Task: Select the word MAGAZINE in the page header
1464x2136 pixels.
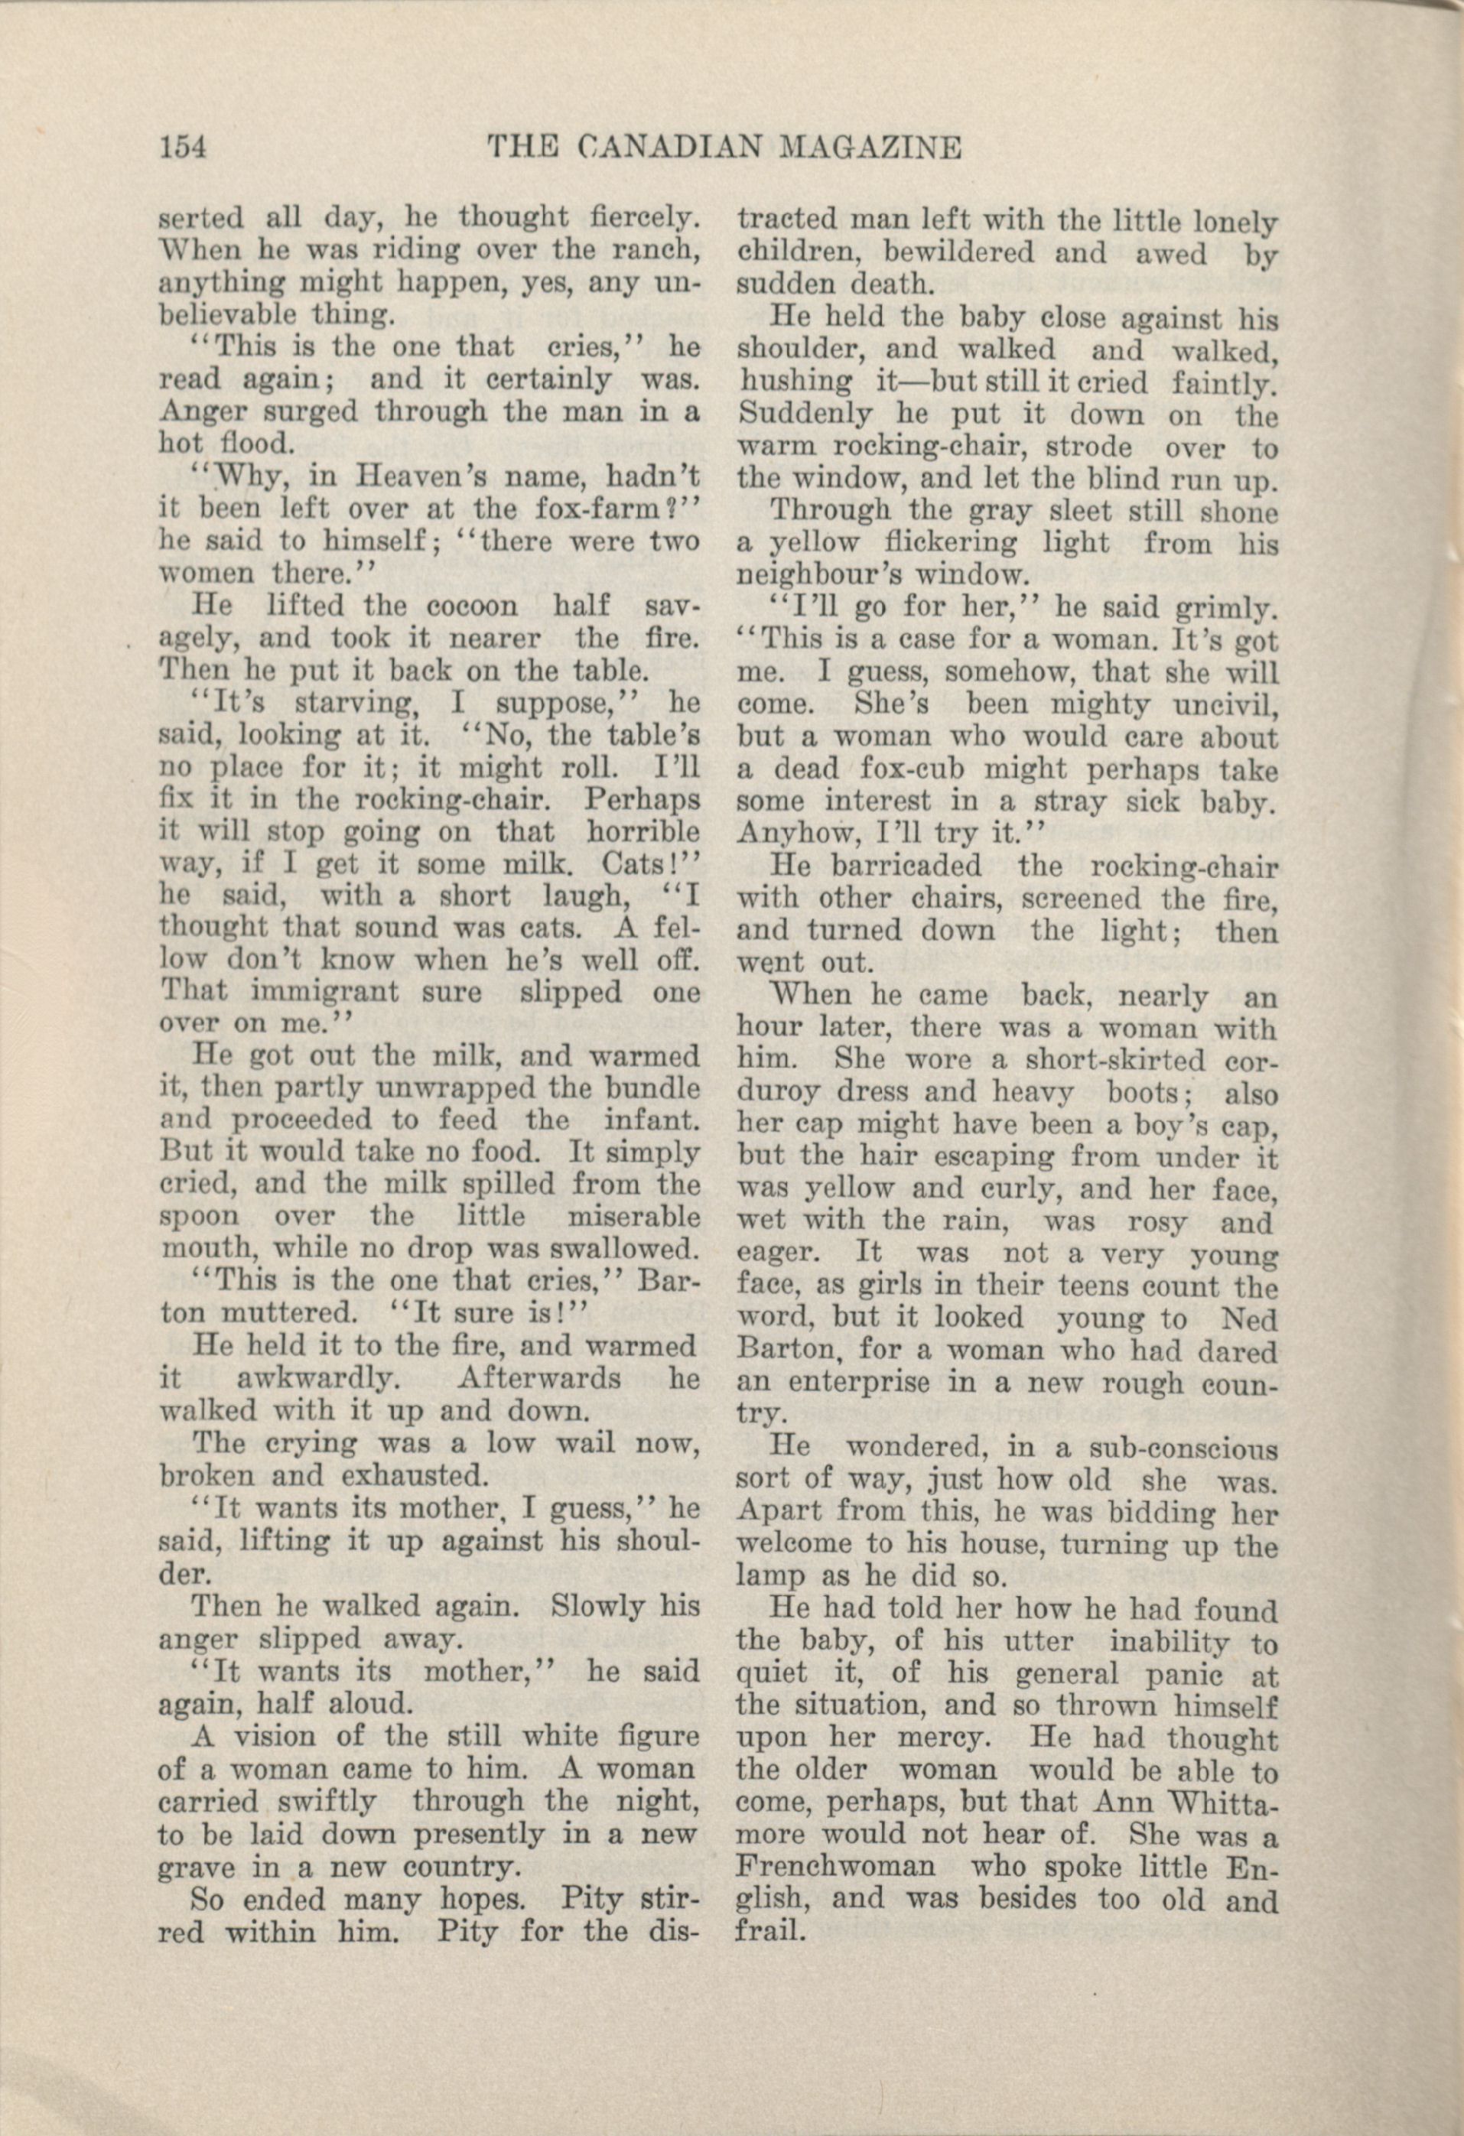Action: (868, 148)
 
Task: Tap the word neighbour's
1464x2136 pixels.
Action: (821, 575)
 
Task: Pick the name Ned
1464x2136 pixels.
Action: (1250, 1319)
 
